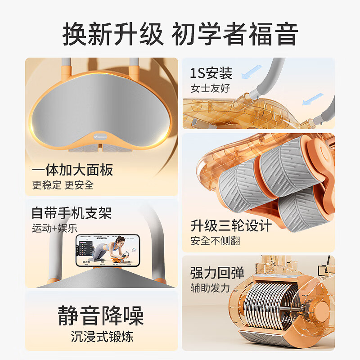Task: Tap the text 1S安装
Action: (211, 72)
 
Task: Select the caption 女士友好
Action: (210, 88)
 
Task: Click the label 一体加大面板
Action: (72, 170)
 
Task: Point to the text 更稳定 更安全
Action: (63, 185)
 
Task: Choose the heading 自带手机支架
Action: (71, 212)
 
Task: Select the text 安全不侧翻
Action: (215, 241)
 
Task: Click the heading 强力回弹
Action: (217, 273)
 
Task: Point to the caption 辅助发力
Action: (210, 288)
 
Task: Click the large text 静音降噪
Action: (101, 315)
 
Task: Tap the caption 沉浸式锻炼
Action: (101, 336)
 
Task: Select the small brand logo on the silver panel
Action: (99, 134)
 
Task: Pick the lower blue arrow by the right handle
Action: (313, 99)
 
